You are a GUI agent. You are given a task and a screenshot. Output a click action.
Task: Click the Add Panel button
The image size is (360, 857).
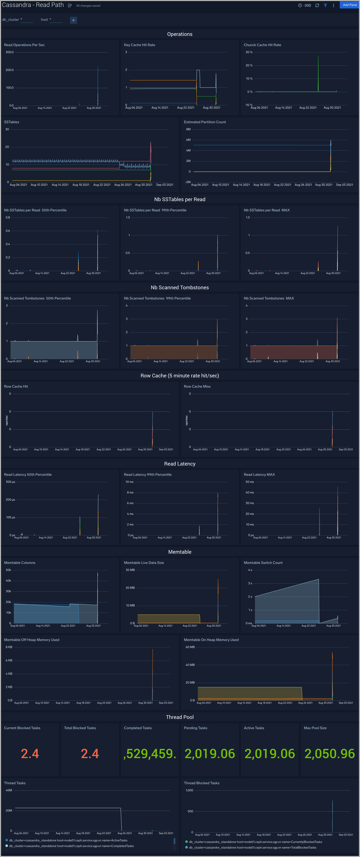click(350, 5)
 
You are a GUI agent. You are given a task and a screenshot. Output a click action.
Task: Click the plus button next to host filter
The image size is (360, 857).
click(74, 20)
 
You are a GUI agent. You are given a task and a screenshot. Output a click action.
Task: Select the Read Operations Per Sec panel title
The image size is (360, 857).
click(24, 45)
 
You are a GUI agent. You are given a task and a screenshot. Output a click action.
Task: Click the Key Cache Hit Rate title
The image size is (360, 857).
click(139, 45)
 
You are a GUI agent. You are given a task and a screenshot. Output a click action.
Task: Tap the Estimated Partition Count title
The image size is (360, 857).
click(205, 122)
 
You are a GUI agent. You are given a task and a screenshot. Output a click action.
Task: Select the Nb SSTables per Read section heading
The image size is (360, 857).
click(180, 199)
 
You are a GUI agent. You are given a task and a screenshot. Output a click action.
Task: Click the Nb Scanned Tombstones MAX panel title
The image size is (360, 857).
click(269, 298)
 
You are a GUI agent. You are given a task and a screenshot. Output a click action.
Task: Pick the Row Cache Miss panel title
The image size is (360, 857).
click(197, 387)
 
